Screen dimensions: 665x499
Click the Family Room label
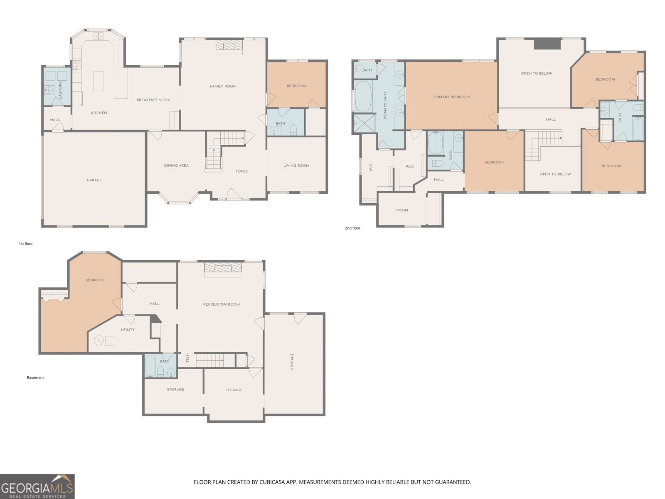point(223,86)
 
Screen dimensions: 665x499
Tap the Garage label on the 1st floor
point(94,180)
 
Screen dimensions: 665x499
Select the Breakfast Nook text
point(153,100)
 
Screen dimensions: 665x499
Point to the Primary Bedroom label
point(451,97)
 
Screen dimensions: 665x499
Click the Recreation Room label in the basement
point(222,304)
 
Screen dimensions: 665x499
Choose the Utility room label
point(128,329)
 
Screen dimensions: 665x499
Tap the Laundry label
point(60,90)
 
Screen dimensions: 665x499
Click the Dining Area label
point(176,166)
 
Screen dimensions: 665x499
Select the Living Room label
point(296,166)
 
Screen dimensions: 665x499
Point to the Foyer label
point(242,171)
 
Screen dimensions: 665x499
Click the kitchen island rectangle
point(99,81)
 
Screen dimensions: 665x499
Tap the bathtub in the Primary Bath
point(363,96)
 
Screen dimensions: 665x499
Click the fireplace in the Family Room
point(229,47)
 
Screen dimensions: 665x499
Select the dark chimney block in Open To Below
point(547,44)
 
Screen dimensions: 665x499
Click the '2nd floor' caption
point(352,228)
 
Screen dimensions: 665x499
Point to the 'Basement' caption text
point(35,378)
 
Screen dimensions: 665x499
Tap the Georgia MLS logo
point(37,487)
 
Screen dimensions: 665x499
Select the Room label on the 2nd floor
point(402,210)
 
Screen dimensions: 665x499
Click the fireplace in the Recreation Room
point(223,269)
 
